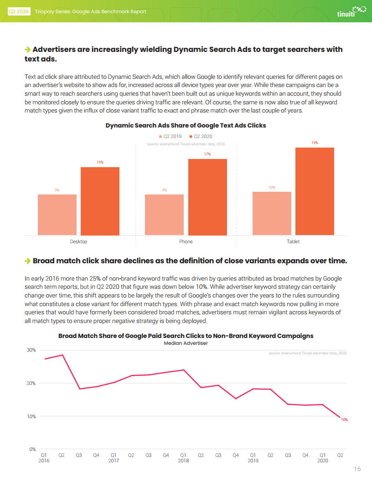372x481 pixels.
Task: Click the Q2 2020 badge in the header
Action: tap(19, 12)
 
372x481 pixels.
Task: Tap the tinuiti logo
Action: tap(351, 12)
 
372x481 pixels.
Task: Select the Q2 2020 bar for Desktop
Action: tap(100, 201)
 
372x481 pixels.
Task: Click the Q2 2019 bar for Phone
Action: tap(164, 215)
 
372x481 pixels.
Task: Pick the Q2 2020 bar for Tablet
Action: tap(315, 191)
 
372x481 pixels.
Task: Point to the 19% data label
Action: tap(315, 143)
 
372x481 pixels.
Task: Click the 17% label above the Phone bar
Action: tap(207, 154)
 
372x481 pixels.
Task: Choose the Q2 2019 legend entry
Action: tap(170, 136)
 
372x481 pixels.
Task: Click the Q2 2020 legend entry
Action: tap(201, 136)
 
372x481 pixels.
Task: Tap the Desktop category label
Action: tap(78, 241)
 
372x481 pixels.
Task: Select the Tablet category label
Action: tap(293, 241)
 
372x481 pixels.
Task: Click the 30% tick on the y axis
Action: tap(31, 350)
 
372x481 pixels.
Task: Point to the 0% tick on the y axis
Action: tap(32, 449)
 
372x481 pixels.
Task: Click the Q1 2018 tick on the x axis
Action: tap(183, 458)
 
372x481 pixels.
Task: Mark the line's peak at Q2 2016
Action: tap(62, 355)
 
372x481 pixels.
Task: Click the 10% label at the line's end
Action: tap(344, 420)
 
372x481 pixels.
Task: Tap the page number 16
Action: tap(357, 469)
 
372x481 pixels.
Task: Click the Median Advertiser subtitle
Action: tap(186, 343)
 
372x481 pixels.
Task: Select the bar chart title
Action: tap(186, 125)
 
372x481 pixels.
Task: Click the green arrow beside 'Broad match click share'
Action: tap(28, 261)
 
